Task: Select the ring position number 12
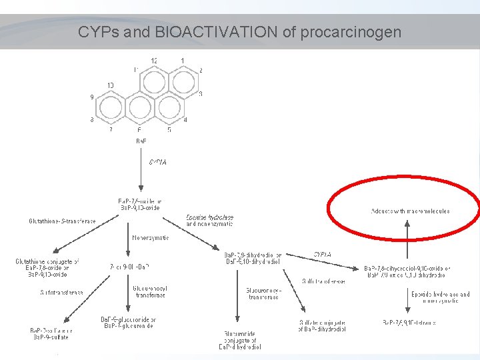coord(154,61)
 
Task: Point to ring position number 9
coord(92,97)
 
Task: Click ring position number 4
coord(185,120)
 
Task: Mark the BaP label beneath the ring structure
coord(141,141)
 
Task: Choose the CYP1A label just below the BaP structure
coord(157,161)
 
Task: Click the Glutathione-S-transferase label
coord(63,221)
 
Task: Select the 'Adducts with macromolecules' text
coord(410,211)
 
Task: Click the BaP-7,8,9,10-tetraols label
coord(409,323)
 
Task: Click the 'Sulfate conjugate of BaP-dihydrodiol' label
coord(323,326)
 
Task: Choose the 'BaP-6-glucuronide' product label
coord(128,323)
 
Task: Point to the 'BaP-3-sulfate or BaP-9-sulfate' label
coord(51,333)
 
